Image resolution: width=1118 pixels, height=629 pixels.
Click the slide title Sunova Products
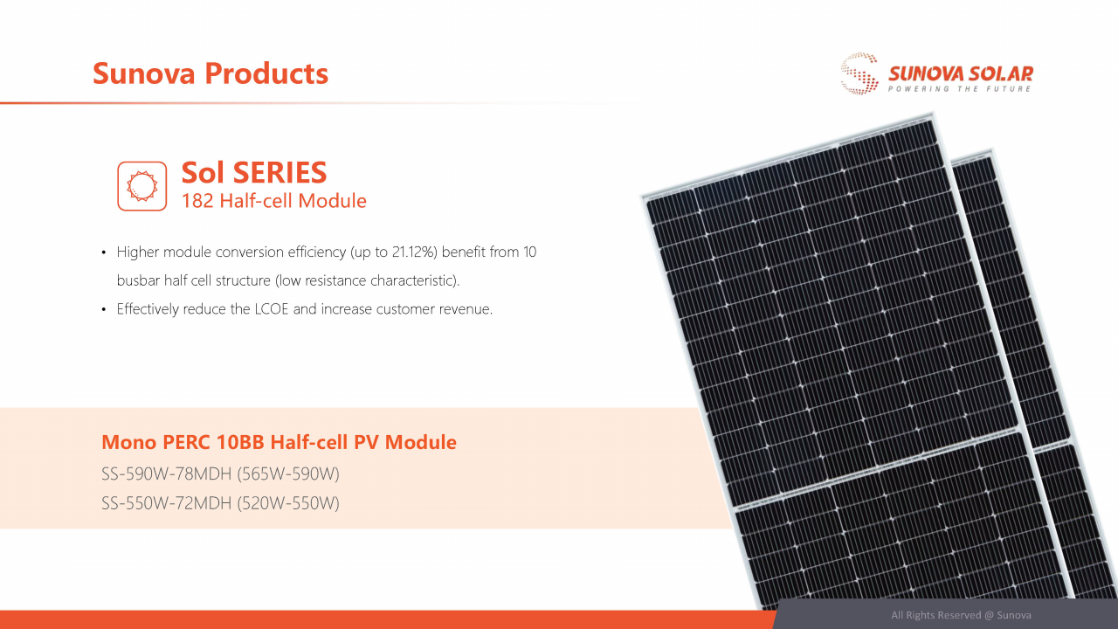210,73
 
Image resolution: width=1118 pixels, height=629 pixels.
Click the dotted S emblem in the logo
859,73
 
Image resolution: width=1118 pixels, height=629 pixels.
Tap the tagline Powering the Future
960,89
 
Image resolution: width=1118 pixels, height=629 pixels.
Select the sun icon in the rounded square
141,185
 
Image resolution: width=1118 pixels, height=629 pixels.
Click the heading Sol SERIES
254,172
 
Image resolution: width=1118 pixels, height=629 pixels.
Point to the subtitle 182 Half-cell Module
273,201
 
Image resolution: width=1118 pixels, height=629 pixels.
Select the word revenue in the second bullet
466,309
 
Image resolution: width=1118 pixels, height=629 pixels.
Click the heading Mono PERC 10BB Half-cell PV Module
279,442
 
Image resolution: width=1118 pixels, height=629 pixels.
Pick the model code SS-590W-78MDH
166,474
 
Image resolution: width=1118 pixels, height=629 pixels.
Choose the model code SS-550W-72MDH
166,503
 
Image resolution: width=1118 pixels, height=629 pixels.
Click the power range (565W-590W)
287,474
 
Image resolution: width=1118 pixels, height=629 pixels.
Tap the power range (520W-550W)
287,503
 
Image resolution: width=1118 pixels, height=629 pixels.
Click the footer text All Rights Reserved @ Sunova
961,615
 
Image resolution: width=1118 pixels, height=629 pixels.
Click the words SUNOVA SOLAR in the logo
960,73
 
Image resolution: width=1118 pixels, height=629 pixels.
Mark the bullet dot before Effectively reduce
105,309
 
